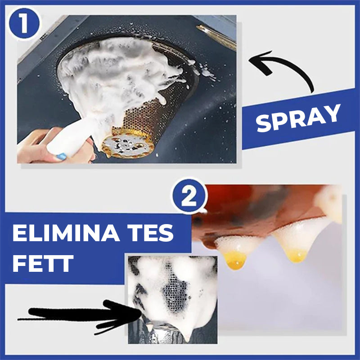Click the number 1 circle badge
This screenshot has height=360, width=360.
[x=24, y=24]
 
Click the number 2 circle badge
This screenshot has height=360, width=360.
[x=189, y=196]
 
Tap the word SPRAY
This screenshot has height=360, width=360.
[x=298, y=118]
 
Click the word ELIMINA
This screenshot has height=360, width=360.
[x=66, y=233]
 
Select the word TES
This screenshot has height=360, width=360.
[x=151, y=233]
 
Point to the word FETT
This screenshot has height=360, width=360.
[x=43, y=263]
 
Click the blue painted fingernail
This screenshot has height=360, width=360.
[x=62, y=156]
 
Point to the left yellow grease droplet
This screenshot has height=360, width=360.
[x=235, y=260]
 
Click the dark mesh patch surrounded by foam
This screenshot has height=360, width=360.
[x=175, y=296]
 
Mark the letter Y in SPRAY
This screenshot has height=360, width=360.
[x=331, y=112]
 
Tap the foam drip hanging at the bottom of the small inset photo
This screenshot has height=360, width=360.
[x=186, y=336]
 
